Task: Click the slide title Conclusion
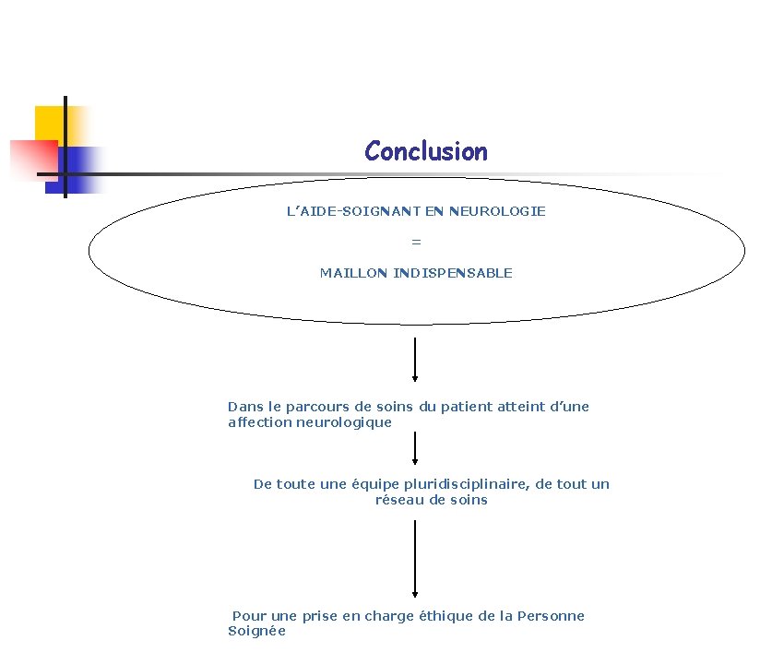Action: tap(425, 151)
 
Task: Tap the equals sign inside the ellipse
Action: tap(416, 242)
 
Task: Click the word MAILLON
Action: tap(354, 273)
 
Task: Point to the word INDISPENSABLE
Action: tap(453, 273)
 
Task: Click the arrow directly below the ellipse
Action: tap(415, 360)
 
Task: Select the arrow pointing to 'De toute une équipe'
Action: tap(415, 449)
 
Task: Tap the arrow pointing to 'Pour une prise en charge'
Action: tap(415, 559)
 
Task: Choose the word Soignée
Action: tap(256, 632)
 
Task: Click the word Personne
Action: tap(551, 616)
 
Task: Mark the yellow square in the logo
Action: tap(50, 122)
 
